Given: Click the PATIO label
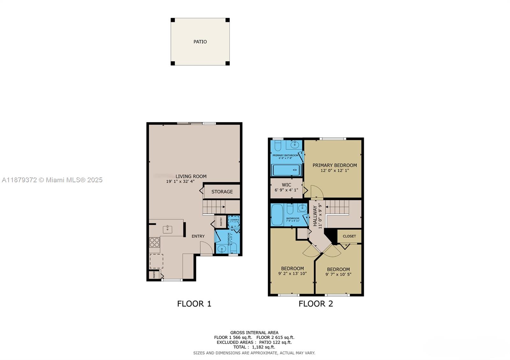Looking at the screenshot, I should coord(200,42).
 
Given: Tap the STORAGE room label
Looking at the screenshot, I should coord(222,192).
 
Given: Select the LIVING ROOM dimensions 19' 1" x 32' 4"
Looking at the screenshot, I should coord(180,182).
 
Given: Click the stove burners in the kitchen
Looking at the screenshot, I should coord(155,243).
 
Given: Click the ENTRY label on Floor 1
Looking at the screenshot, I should coord(198,236).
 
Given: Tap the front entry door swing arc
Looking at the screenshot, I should coord(207,248).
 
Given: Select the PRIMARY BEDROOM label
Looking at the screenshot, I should coord(334,165).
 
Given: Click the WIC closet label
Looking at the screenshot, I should coord(286,185).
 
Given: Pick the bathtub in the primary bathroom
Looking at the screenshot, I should coord(286,170).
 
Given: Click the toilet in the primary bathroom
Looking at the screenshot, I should coord(277,146).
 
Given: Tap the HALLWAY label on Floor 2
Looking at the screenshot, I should coord(315,216).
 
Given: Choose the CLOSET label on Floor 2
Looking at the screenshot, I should coord(349,236).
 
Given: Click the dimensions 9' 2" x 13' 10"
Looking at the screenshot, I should coord(292,273).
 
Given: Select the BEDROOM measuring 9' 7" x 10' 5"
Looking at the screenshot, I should coord(338,269).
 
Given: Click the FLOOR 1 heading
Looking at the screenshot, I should coord(194,304).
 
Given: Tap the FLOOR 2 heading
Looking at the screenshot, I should coord(316,304).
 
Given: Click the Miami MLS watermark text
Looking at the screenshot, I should coord(52,180).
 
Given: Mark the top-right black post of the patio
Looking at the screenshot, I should coord(228,20).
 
